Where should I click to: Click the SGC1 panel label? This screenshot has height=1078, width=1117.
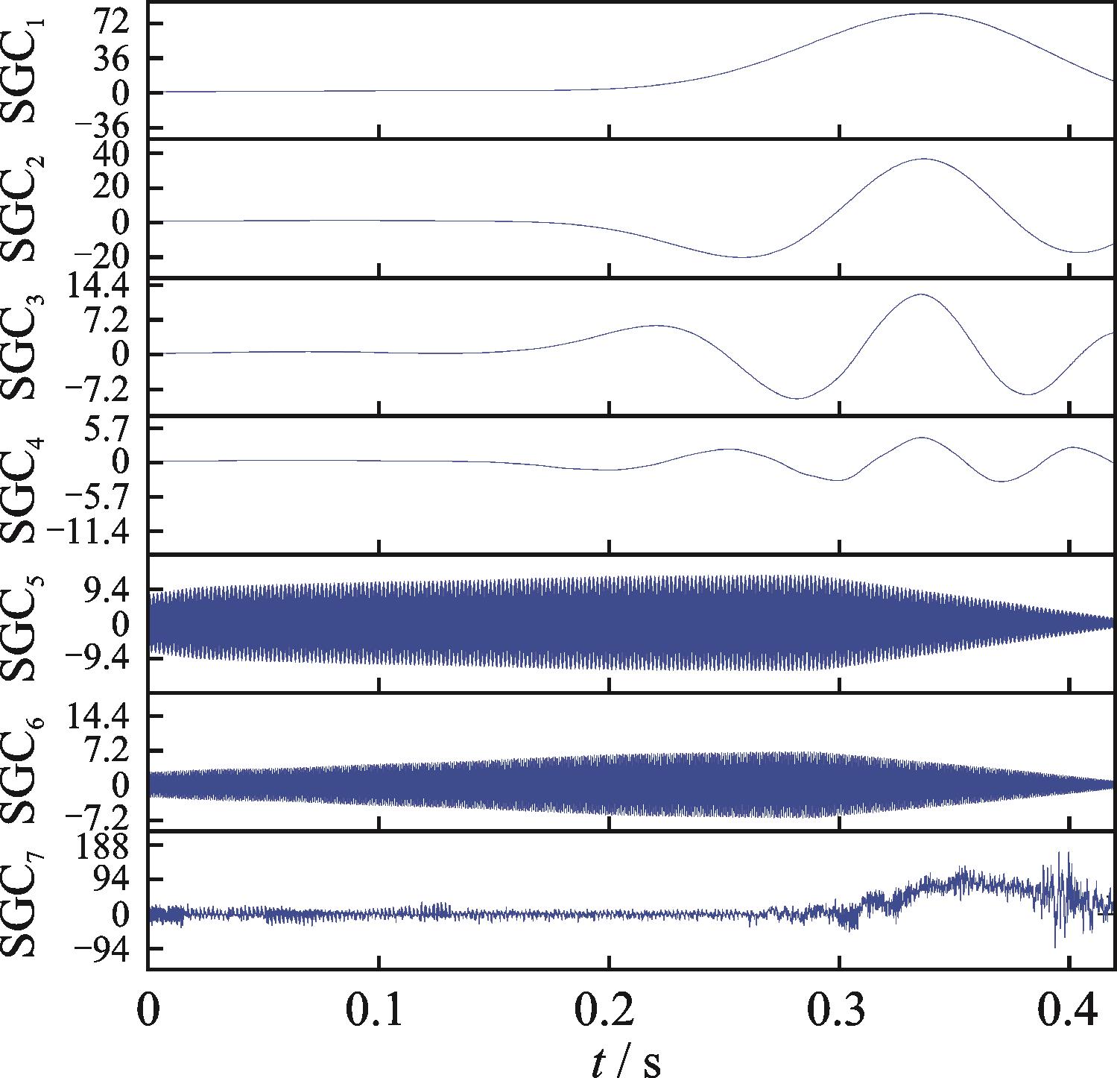click(30, 71)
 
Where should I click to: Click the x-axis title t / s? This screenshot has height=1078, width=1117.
click(626, 1057)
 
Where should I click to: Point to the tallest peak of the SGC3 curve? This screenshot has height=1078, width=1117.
click(922, 294)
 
